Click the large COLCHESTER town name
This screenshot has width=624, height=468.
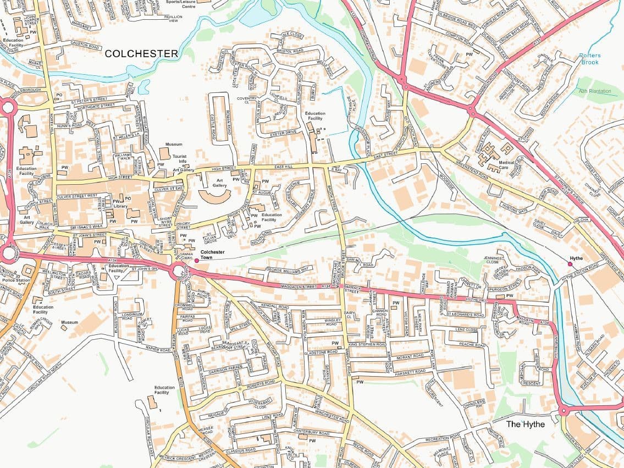[141, 53]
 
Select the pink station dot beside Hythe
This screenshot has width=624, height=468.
[570, 264]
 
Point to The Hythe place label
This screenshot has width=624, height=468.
[525, 424]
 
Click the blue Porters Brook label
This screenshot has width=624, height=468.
[590, 59]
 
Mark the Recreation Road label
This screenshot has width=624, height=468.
[443, 438]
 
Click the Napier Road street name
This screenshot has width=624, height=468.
[159, 349]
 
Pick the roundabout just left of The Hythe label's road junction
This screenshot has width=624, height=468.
[564, 410]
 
